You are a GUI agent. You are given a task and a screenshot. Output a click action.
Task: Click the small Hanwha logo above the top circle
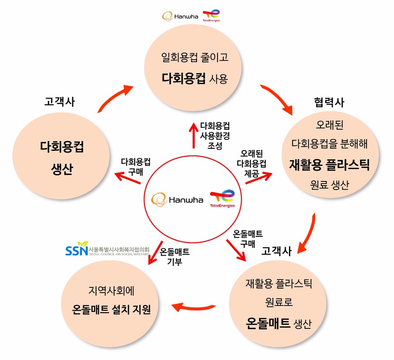181,16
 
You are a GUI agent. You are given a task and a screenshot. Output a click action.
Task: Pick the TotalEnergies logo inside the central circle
222,198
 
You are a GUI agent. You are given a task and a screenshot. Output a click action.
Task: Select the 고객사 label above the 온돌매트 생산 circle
276,250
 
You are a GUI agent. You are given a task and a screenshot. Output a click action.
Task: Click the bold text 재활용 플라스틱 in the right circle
330,165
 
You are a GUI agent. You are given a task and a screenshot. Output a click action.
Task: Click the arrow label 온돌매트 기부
174,257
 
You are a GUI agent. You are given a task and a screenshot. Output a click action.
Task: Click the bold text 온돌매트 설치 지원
110,309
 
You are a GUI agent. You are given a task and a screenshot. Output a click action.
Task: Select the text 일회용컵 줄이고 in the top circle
195,57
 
